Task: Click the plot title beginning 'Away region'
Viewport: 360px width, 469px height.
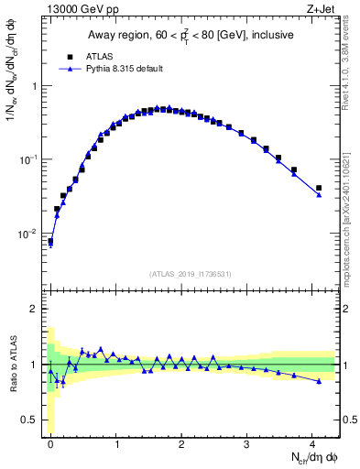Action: [191, 36]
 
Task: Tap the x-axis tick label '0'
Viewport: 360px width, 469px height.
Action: [50, 442]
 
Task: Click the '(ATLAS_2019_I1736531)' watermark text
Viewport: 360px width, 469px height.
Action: [191, 274]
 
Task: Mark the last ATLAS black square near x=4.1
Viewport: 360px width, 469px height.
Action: [319, 188]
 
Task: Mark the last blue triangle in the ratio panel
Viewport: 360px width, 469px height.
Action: [319, 381]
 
